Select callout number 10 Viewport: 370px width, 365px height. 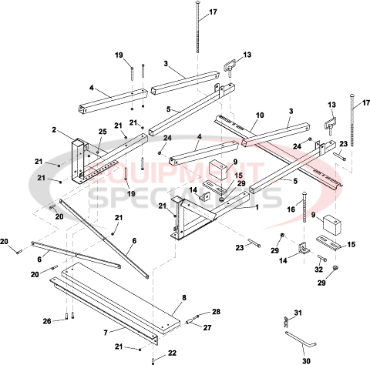(x=259, y=115)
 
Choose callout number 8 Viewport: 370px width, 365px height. (x=184, y=296)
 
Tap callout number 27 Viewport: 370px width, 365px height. (x=207, y=327)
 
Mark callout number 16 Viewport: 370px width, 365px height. (x=292, y=208)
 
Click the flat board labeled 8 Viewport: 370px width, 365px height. (x=123, y=296)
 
